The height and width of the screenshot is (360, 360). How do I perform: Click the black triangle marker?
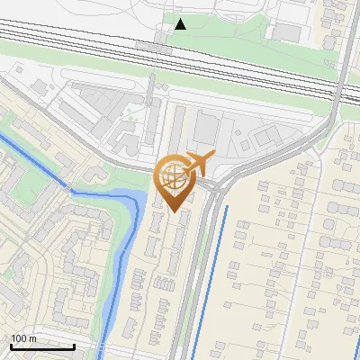point(181,23)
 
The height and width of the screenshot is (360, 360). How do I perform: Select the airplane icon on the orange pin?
point(199,163)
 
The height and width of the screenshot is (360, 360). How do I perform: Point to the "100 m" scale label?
point(23,338)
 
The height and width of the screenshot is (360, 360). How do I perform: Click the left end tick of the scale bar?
point(11,346)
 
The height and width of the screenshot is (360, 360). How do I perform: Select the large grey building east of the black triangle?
point(287,31)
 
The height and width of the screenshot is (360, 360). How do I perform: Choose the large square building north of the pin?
point(206,130)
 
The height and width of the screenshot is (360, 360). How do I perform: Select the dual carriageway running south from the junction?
point(202,270)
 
